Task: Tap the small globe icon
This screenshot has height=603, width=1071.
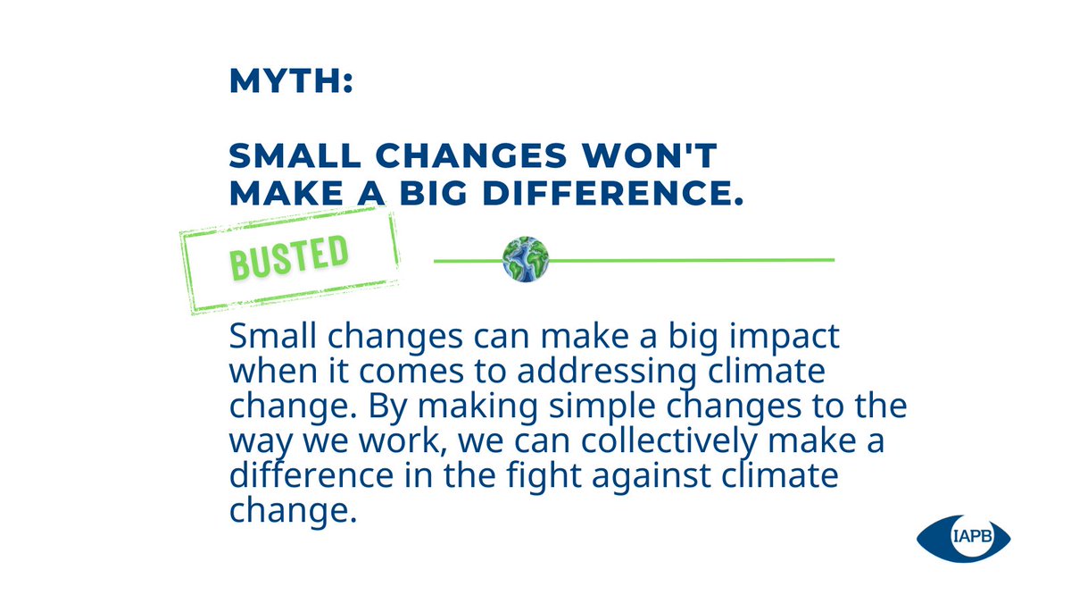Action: (525, 260)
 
